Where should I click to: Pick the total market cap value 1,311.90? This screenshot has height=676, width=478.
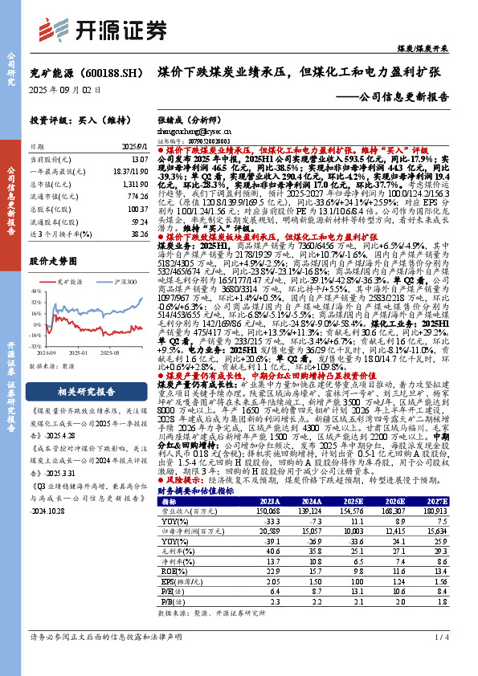(x=135, y=183)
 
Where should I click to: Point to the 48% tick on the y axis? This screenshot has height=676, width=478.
(x=37, y=291)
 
